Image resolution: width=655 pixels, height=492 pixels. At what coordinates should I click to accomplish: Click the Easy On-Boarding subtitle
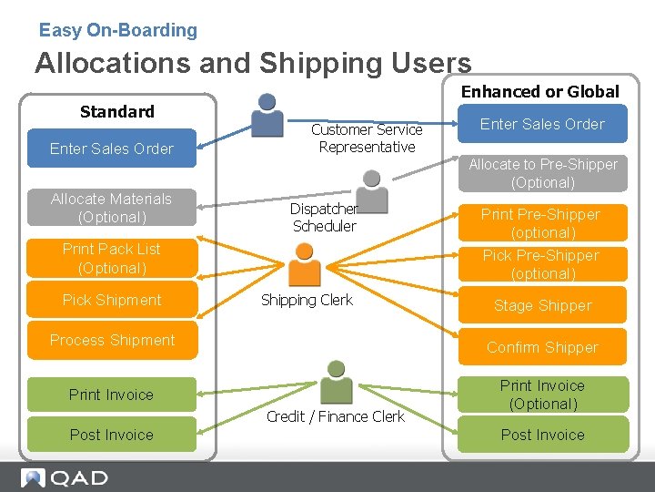117,30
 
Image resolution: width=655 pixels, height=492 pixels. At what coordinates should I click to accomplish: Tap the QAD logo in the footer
65,477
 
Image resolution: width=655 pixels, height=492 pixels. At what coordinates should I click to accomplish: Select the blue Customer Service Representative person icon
267,115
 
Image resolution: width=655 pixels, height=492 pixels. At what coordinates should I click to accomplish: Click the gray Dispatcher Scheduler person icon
372,192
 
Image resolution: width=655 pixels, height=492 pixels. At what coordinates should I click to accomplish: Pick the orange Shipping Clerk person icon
305,264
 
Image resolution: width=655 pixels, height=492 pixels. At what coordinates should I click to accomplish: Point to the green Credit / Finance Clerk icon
337,382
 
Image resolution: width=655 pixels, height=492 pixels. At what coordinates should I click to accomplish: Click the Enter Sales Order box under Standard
112,149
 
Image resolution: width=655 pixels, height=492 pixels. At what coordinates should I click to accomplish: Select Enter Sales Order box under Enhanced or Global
542,124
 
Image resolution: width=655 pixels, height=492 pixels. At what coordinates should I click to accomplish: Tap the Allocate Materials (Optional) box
112,208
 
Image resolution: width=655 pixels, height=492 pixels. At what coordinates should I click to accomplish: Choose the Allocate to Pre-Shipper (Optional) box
543,173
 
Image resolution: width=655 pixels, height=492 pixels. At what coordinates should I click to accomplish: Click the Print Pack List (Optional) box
112,258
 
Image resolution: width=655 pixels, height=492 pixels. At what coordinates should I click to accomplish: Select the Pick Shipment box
112,300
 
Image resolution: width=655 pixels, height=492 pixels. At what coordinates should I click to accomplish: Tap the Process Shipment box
113,340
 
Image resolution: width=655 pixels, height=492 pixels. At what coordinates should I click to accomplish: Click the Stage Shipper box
542,305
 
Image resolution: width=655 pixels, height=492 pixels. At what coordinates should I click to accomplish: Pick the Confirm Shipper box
542,347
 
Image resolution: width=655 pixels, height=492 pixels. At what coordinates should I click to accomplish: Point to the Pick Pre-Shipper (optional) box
542,264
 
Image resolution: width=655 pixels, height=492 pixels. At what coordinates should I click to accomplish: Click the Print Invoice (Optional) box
543,395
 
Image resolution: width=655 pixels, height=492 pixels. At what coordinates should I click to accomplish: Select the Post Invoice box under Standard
112,435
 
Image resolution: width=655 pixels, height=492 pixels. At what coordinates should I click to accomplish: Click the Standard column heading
117,112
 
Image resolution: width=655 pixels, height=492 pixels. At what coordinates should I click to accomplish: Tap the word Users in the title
431,63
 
